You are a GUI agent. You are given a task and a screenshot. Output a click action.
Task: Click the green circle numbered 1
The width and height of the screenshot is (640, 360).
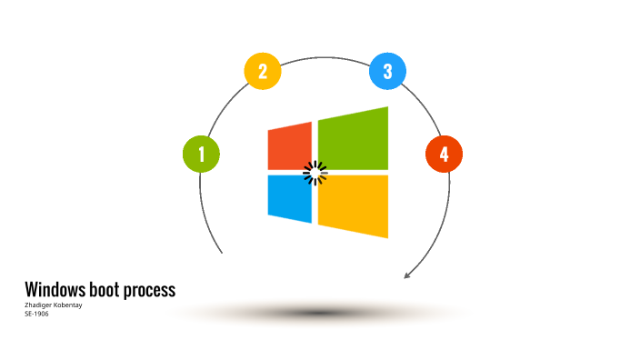point(202,154)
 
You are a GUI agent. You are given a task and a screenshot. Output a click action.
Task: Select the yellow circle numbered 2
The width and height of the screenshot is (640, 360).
point(263,72)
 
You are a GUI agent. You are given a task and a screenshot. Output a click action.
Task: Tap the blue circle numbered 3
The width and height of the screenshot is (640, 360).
point(387,71)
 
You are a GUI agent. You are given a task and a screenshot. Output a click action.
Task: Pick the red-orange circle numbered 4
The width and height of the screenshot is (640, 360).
point(444,154)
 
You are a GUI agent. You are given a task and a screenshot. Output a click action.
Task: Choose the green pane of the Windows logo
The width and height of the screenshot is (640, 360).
point(354,139)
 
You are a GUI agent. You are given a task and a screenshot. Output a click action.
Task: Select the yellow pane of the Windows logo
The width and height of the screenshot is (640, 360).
point(354,205)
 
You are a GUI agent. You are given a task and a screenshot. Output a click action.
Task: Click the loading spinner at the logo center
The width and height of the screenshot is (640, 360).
point(315,173)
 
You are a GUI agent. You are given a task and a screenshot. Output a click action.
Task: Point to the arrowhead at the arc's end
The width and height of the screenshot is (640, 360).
point(408,275)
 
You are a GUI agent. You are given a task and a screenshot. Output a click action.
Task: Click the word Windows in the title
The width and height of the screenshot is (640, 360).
point(56,290)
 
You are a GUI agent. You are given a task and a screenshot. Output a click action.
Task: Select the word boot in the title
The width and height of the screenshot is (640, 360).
point(107,290)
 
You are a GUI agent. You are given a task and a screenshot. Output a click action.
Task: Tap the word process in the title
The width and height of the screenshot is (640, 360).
point(151,291)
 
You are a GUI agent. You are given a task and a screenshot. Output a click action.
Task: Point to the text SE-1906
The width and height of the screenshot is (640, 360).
point(36,314)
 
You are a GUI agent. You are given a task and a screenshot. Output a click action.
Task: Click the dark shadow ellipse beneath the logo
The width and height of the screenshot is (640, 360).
point(318,313)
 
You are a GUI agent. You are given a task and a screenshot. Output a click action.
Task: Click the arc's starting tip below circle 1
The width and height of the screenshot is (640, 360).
point(221,251)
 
